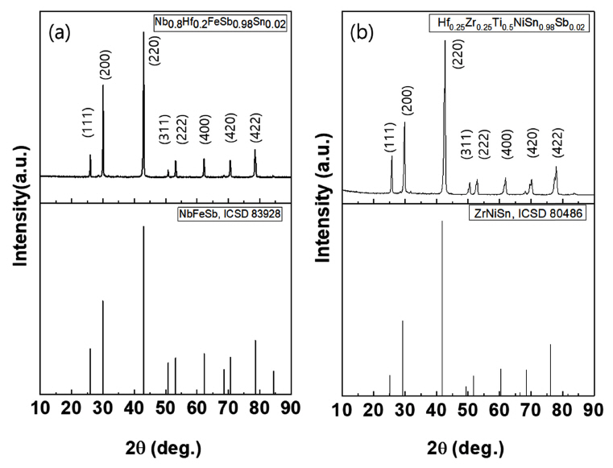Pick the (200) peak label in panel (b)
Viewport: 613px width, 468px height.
404,101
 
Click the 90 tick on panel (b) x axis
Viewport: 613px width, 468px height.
594,409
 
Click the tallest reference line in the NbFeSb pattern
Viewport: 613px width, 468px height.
144,310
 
